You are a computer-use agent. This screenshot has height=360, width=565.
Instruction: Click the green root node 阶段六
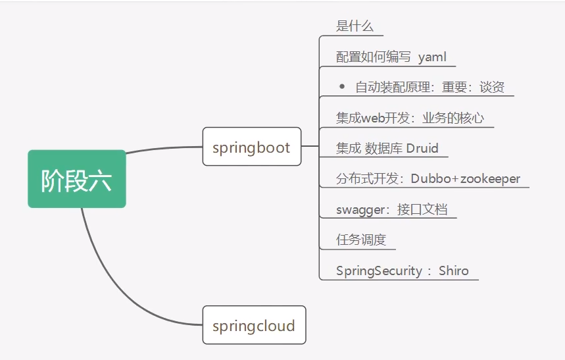click(76, 179)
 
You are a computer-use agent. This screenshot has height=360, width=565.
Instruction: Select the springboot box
click(251, 147)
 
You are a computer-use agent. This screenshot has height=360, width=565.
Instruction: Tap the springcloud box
click(254, 325)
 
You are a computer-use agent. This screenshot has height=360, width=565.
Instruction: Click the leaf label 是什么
click(355, 26)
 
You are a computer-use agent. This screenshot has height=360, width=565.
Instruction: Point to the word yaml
click(432, 57)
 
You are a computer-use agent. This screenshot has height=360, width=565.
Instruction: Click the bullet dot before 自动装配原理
click(341, 86)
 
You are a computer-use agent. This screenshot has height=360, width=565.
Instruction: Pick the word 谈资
click(492, 87)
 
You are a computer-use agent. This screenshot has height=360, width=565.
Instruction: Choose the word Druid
click(422, 148)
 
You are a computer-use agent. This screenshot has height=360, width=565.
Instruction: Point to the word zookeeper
click(490, 178)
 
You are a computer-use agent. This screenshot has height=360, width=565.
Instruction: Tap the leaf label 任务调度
click(361, 240)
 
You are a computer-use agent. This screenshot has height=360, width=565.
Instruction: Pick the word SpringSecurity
click(380, 270)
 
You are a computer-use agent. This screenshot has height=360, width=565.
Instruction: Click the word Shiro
click(454, 270)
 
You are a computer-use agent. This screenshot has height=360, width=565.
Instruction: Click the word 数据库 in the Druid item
click(383, 148)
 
